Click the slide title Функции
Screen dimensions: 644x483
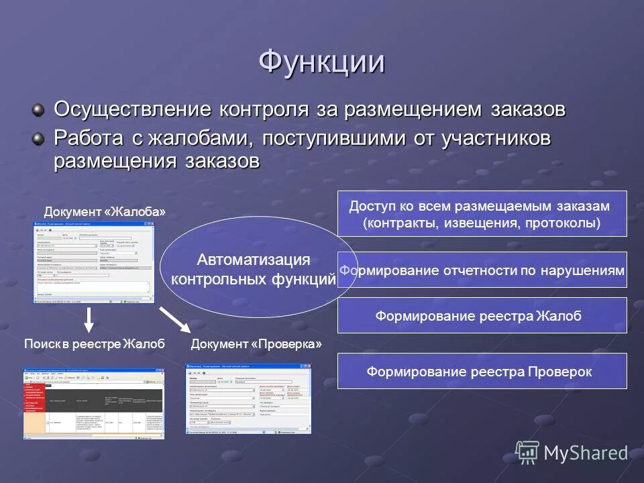point(321,62)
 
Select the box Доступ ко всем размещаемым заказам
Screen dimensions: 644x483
point(482,213)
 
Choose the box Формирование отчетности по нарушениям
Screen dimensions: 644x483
point(482,270)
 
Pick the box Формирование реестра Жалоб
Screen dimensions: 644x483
point(482,315)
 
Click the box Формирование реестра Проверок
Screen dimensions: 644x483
point(482,371)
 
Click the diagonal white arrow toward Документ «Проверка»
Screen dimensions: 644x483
point(176,319)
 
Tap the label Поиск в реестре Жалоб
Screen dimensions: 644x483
point(94,344)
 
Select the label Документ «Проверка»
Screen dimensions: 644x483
point(256,344)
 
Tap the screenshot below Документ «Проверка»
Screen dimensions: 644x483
point(248,398)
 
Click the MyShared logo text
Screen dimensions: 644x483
point(585,453)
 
